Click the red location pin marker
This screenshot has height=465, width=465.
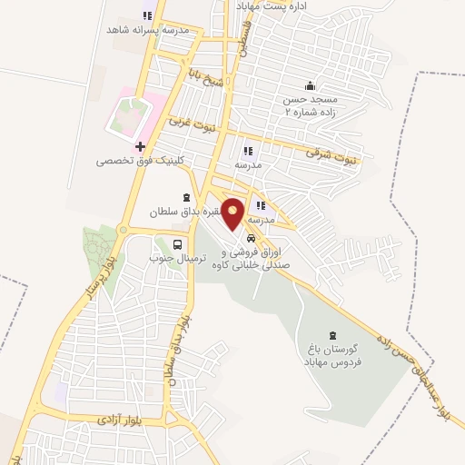[233, 213]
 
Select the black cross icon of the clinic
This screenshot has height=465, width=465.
[139, 145]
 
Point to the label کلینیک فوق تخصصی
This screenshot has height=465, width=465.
[142, 161]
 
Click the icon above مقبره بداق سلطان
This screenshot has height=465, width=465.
[187, 198]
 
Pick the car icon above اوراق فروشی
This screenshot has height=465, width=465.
[250, 238]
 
